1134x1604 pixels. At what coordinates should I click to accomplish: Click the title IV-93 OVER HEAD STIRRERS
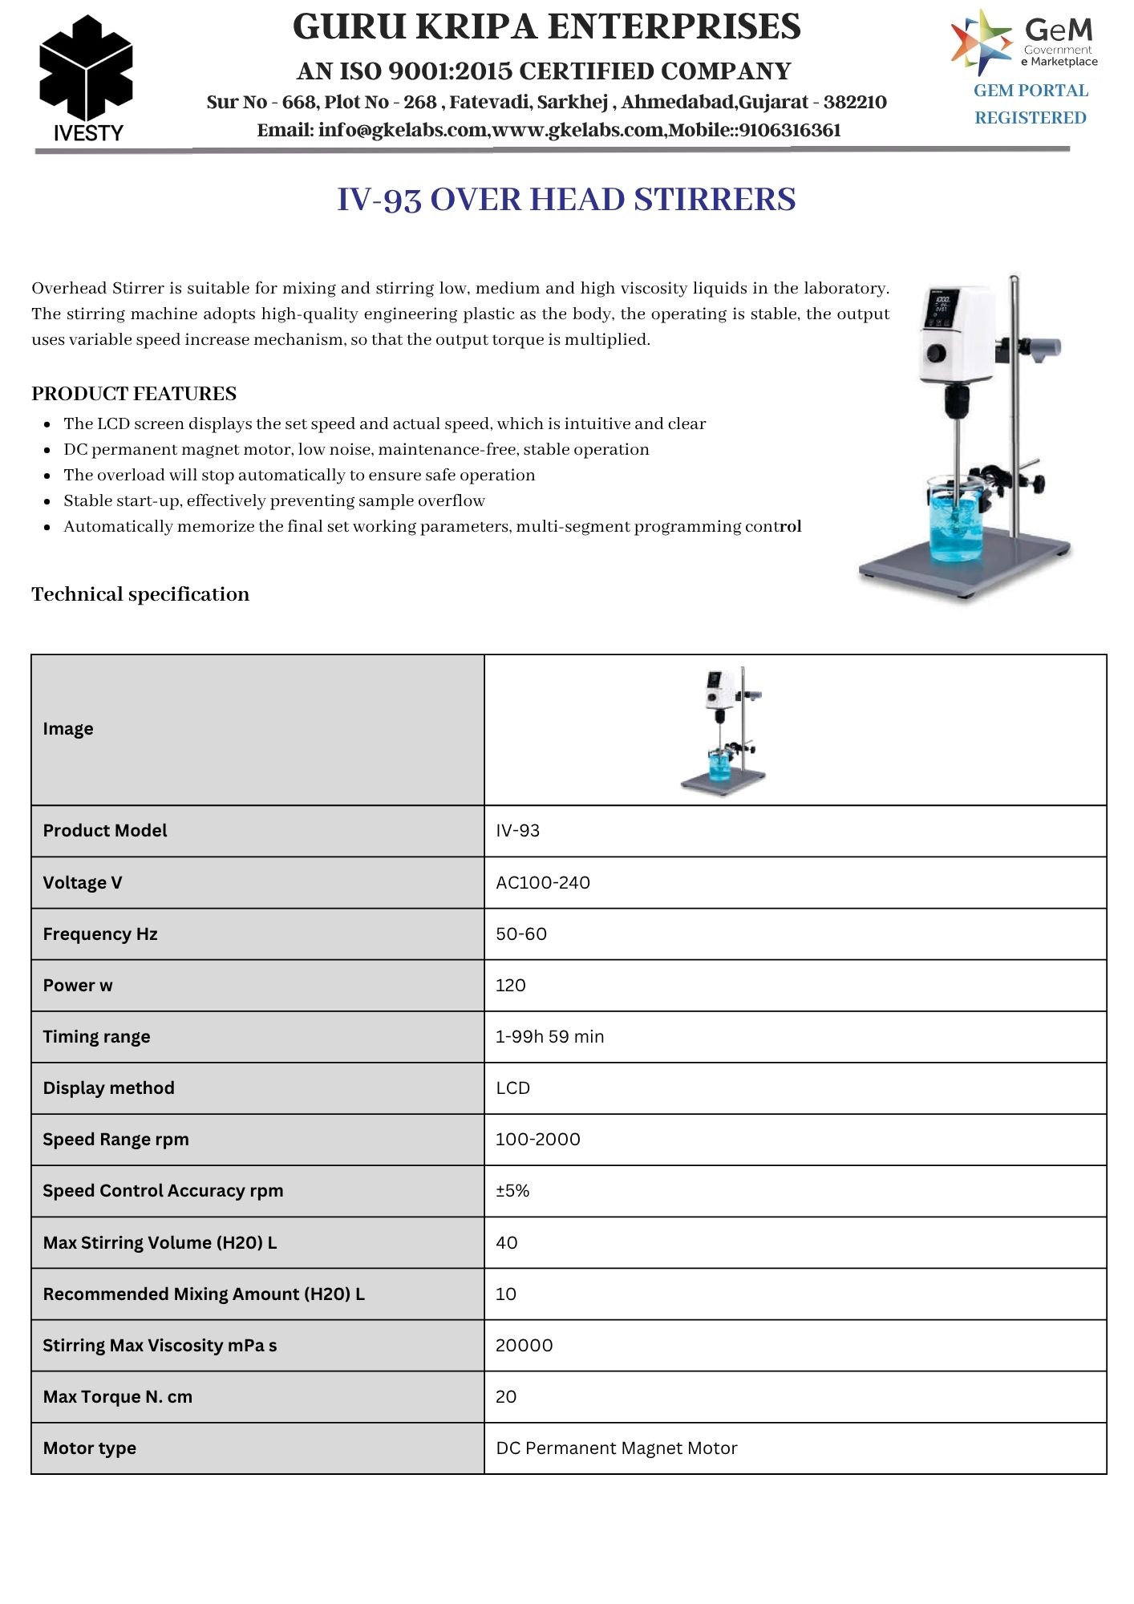point(566,200)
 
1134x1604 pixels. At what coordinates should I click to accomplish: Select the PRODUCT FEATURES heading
point(134,394)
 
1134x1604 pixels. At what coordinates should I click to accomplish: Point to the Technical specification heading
point(140,594)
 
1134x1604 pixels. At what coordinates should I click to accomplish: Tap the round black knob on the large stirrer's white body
point(936,353)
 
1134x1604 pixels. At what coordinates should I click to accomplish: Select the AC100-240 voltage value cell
point(543,882)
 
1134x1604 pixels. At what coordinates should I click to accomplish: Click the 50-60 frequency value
point(521,934)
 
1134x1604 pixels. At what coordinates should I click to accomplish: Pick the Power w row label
point(78,985)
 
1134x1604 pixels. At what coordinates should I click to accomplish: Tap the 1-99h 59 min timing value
point(549,1036)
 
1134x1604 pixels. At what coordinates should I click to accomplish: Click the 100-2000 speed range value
point(537,1139)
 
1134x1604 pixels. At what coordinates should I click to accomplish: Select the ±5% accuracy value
point(512,1190)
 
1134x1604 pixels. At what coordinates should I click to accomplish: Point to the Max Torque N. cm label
point(117,1396)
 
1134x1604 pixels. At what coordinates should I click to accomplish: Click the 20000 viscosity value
point(524,1345)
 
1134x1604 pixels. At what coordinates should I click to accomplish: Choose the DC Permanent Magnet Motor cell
point(616,1448)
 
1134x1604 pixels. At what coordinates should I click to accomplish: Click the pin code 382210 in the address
point(855,102)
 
